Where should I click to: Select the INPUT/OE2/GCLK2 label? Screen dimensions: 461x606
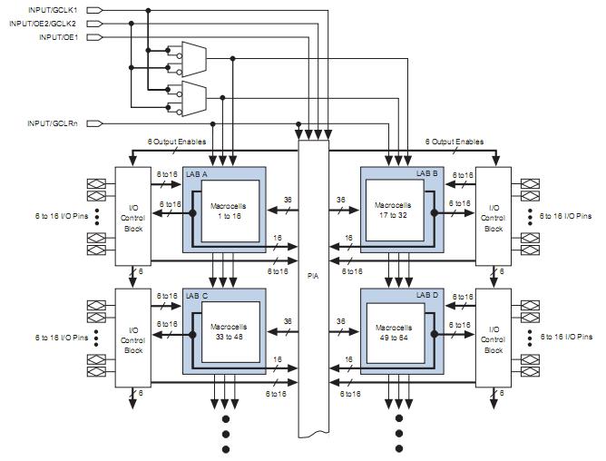click(49, 24)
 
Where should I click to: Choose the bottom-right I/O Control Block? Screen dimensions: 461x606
click(493, 338)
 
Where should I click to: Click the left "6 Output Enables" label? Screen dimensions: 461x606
click(177, 141)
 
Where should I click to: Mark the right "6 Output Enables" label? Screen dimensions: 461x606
click(454, 141)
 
